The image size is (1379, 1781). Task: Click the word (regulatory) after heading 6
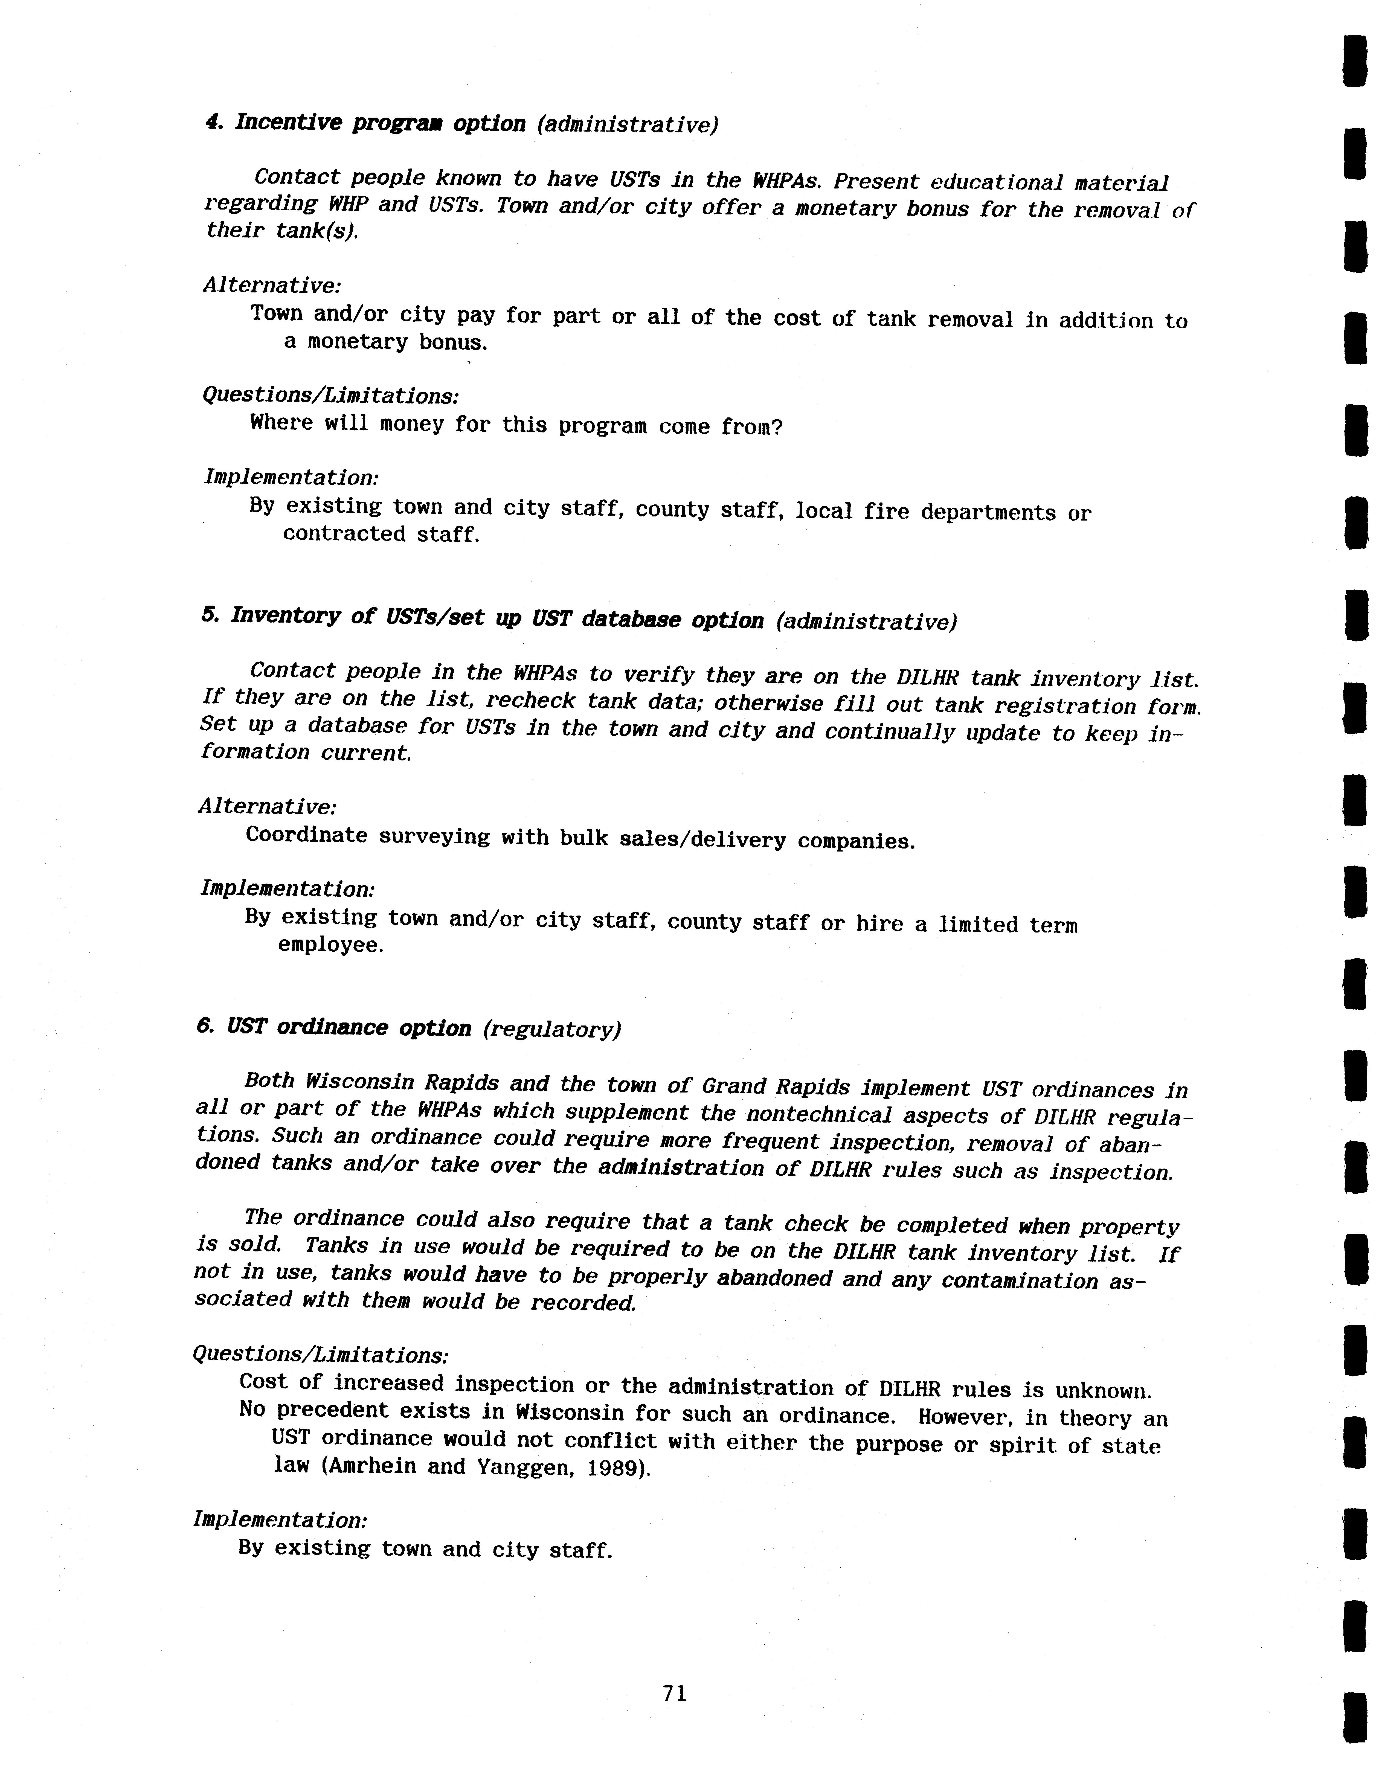coord(551,1030)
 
